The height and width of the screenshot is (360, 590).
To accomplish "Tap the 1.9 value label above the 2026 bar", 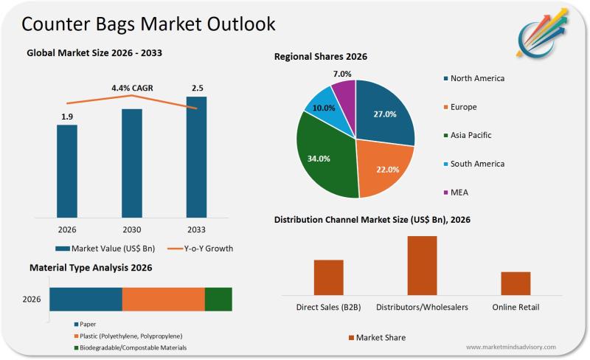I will tap(67, 117).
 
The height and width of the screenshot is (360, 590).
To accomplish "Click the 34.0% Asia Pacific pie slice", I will tap(324, 159).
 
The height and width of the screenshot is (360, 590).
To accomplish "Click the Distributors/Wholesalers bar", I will tap(422, 266).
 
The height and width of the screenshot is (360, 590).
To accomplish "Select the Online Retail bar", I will tap(516, 283).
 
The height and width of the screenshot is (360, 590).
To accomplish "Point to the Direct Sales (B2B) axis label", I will tap(328, 307).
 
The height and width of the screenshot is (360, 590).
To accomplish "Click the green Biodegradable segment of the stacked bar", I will tap(218, 300).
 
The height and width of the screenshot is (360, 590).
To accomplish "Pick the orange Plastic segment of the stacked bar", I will tap(163, 300).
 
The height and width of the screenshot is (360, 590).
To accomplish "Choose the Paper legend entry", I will tap(87, 324).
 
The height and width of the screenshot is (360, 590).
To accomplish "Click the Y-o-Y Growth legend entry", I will tap(199, 249).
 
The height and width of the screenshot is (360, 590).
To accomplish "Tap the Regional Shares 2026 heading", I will tap(321, 57).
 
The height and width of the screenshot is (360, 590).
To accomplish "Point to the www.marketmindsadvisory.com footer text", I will tap(511, 347).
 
